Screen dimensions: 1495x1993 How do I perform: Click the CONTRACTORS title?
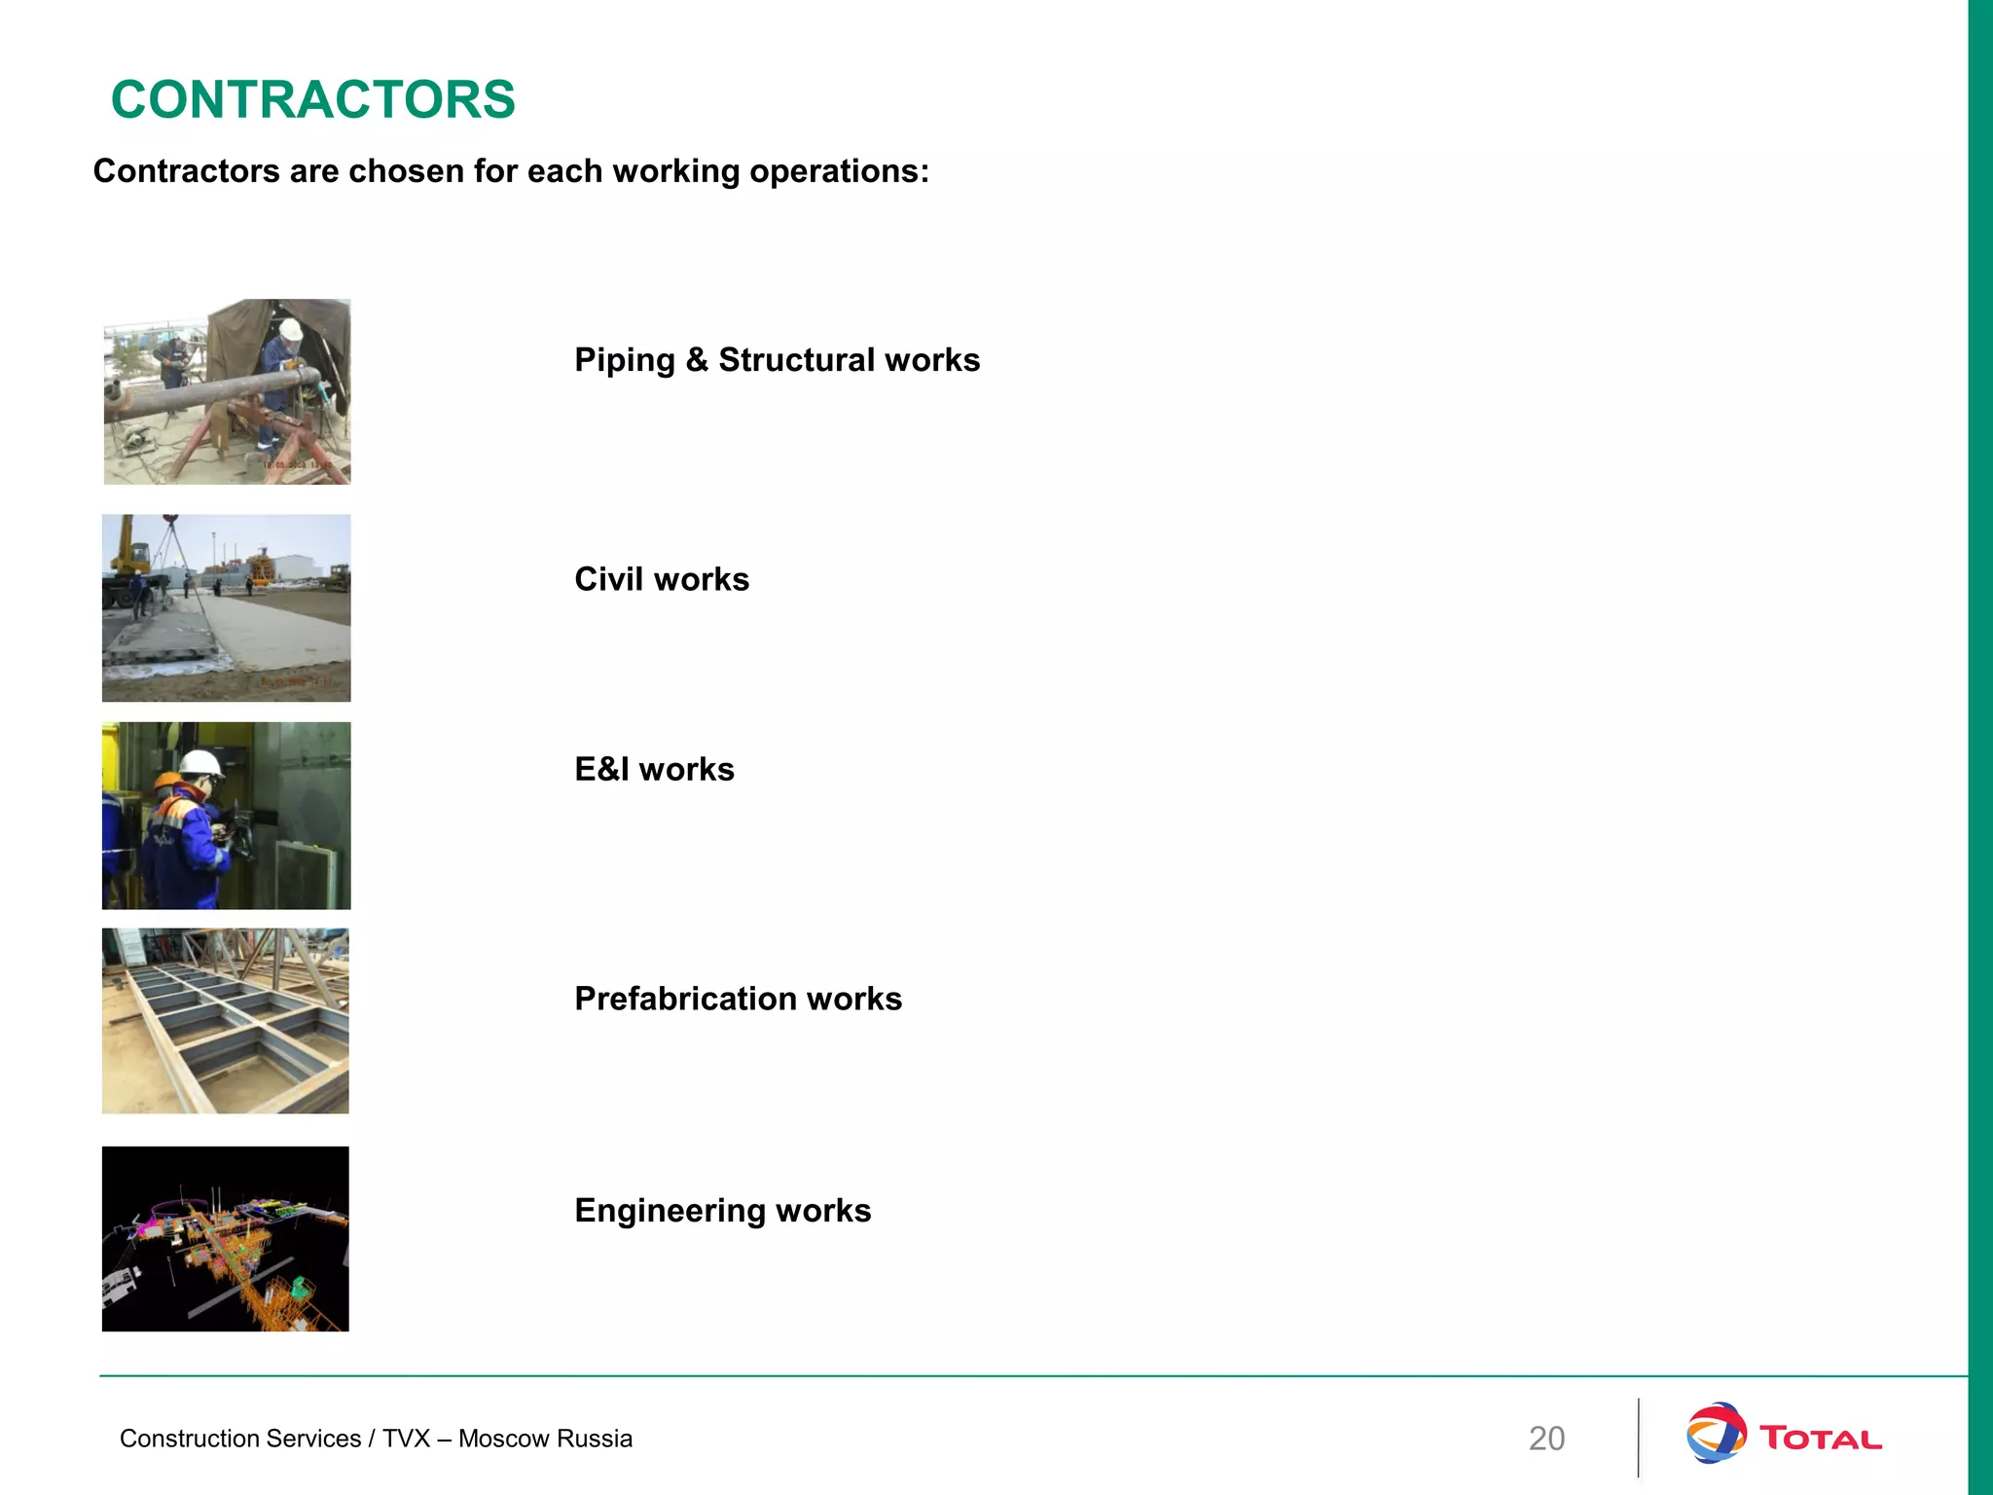click(x=312, y=99)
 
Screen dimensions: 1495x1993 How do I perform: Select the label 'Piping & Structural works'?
click(x=777, y=360)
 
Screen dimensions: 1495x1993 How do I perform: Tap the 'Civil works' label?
click(x=662, y=579)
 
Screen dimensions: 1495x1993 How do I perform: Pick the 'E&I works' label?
click(x=654, y=769)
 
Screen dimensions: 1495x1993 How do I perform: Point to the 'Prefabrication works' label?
click(x=738, y=999)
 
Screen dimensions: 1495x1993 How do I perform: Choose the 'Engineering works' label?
click(x=722, y=1211)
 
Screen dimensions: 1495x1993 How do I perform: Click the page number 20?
click(x=1546, y=1439)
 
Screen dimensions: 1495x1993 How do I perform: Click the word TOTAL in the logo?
click(x=1820, y=1439)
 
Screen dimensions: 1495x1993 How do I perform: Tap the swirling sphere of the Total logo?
click(x=1716, y=1432)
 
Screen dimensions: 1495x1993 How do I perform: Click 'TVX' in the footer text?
click(x=406, y=1439)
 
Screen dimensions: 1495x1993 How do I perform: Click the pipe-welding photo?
click(x=227, y=391)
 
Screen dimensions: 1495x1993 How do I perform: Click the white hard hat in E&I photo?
click(x=203, y=763)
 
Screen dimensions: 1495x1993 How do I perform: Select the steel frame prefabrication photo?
click(x=226, y=1020)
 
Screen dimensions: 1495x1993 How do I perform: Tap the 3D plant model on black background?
click(x=226, y=1239)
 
